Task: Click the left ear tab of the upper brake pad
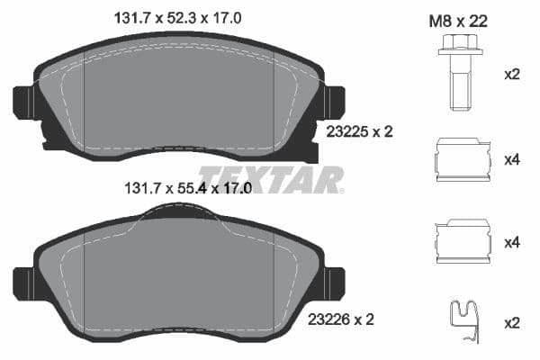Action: click(23, 100)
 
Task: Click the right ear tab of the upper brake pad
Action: click(335, 100)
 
